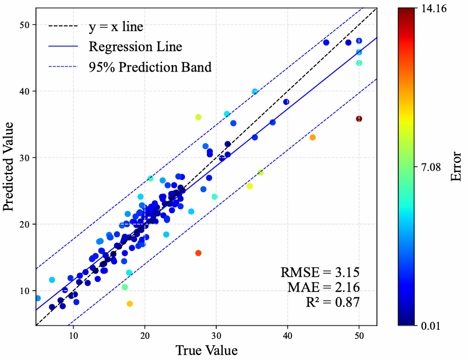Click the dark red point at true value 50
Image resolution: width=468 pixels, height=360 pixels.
click(359, 119)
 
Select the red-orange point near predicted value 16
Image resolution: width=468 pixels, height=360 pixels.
click(198, 253)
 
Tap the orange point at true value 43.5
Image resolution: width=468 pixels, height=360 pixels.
click(312, 137)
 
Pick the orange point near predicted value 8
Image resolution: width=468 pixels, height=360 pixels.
click(129, 304)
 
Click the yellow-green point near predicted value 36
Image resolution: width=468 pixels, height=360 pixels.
click(198, 117)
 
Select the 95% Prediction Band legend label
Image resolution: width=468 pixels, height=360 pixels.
click(150, 67)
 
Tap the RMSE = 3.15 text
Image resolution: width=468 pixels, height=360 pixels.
click(320, 271)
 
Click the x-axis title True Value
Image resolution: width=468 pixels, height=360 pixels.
click(206, 349)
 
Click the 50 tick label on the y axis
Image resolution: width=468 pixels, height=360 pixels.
click(25, 25)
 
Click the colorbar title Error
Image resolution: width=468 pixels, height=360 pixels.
click(457, 166)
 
